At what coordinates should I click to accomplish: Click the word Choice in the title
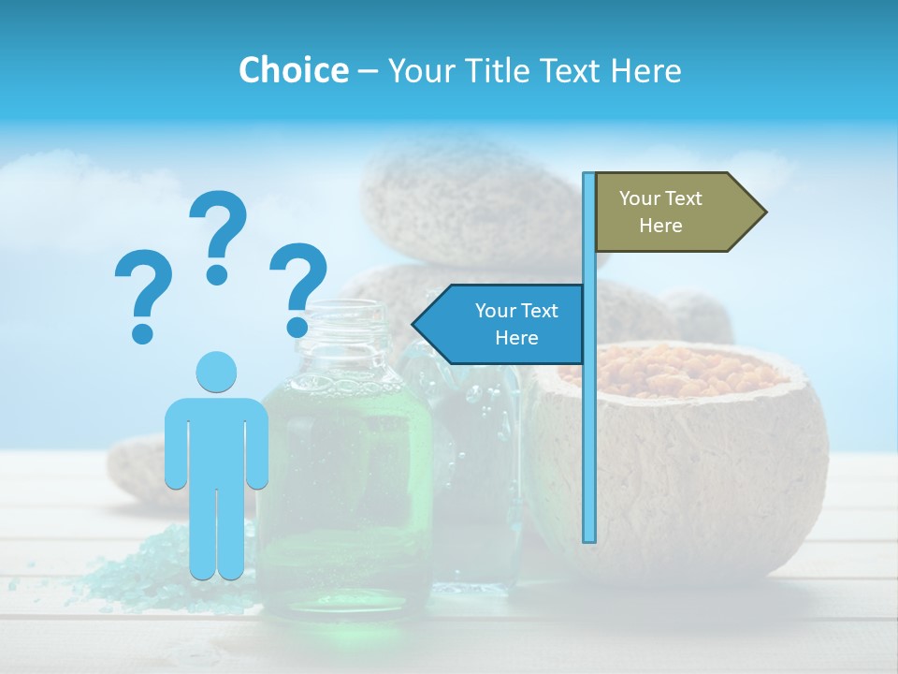[293, 70]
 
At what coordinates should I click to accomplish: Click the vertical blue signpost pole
[589, 421]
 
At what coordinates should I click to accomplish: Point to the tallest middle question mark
[218, 234]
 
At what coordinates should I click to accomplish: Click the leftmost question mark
[143, 295]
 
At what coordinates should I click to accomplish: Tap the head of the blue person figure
[216, 372]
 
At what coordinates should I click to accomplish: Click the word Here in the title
[645, 70]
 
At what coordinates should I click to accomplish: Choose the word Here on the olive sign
[660, 226]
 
